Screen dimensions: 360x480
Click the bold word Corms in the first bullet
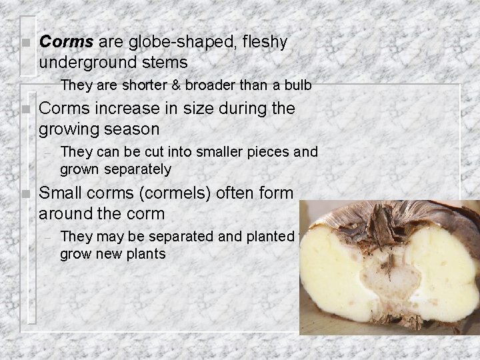67,42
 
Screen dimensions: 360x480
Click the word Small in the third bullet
61,193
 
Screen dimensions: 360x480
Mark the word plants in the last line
146,253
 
